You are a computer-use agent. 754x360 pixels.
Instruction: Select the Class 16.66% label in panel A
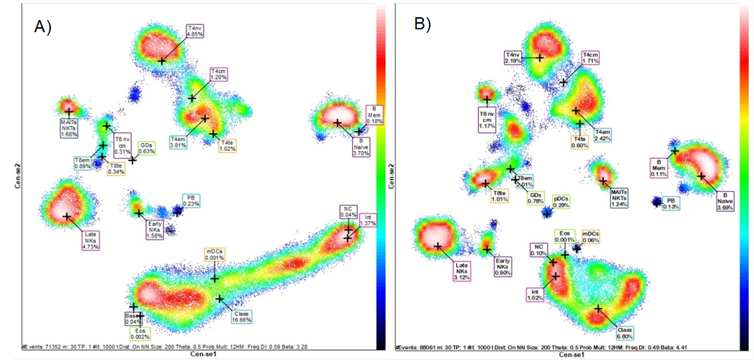point(246,318)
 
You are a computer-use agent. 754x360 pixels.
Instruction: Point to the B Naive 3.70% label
point(360,147)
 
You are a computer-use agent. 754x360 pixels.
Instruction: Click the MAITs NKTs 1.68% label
point(69,128)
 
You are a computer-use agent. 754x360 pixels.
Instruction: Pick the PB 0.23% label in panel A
point(190,200)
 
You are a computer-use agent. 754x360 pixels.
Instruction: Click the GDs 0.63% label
point(147,147)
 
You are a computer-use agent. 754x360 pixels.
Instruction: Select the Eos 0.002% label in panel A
point(140,333)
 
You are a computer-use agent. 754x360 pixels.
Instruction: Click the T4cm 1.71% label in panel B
point(590,58)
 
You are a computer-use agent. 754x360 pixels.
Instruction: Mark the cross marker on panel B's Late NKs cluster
point(438,246)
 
